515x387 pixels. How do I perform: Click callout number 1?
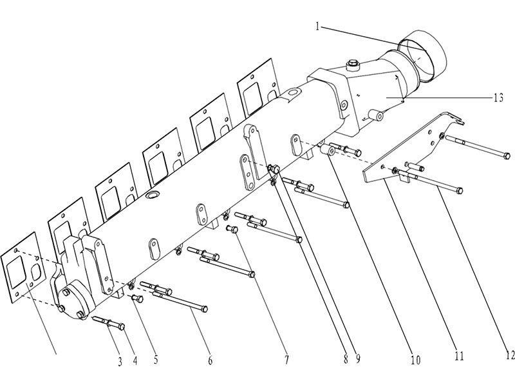318,27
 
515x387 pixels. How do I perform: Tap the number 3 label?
120,361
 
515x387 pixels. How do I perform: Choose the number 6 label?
210,361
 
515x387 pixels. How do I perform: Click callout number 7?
287,359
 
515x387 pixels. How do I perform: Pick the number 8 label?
345,359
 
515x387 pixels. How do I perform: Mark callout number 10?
415,359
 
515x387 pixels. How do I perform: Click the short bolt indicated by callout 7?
232,228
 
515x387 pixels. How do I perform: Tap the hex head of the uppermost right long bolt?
507,155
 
